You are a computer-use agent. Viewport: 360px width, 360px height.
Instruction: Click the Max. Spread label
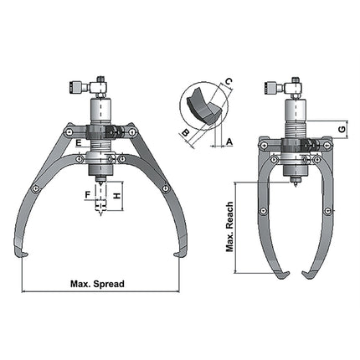click(x=97, y=284)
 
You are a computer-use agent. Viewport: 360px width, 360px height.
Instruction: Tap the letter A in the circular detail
click(x=229, y=143)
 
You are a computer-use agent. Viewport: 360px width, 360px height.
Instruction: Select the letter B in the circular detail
click(x=184, y=132)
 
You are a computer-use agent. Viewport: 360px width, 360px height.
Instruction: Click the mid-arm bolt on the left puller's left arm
click(x=34, y=188)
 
